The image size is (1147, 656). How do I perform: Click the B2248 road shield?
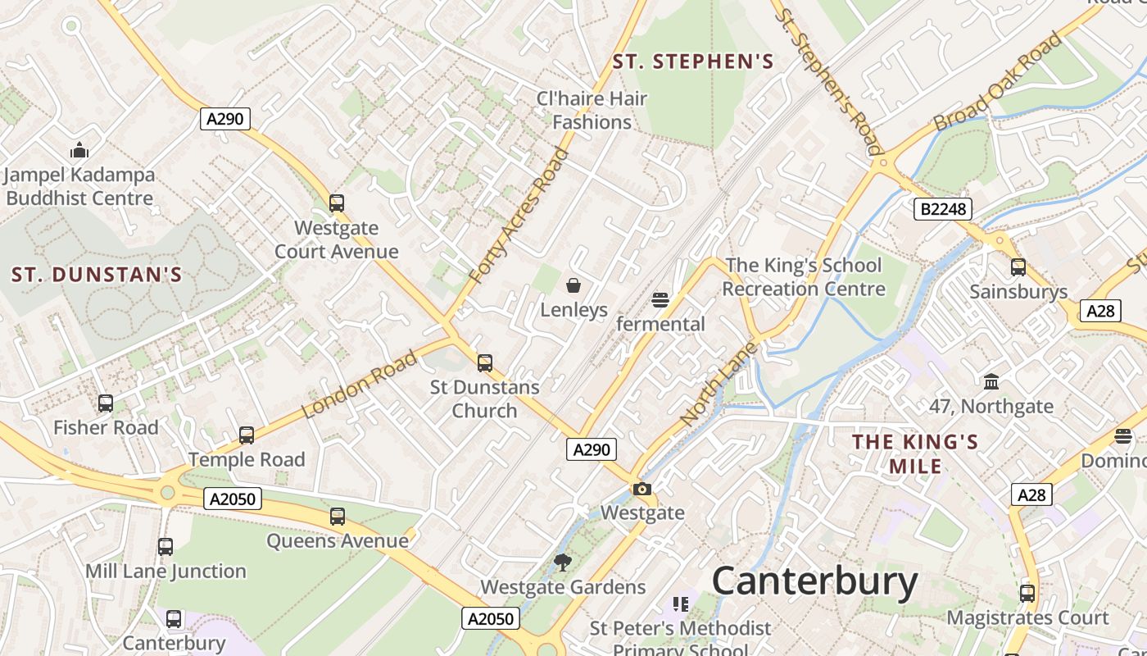click(943, 209)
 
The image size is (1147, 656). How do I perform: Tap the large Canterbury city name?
click(814, 581)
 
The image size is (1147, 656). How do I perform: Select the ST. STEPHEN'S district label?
click(693, 61)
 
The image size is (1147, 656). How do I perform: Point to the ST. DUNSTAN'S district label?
click(97, 275)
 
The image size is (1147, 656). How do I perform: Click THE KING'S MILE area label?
click(915, 453)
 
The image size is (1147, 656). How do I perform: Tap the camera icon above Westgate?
click(642, 490)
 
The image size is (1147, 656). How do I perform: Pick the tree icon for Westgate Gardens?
click(562, 563)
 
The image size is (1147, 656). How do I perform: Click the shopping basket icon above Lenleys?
click(573, 285)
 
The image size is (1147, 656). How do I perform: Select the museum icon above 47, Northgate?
click(991, 381)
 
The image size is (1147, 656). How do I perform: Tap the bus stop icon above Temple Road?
click(247, 435)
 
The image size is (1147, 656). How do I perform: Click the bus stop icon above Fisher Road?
click(106, 403)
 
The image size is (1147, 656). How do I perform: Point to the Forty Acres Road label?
click(519, 216)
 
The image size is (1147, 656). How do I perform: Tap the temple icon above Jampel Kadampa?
click(79, 150)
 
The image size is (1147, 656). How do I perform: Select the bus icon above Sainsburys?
click(1018, 267)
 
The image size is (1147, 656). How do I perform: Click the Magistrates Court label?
click(1027, 617)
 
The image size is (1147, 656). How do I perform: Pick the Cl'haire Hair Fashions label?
click(592, 110)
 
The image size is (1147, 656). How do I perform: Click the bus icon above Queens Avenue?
click(338, 517)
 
